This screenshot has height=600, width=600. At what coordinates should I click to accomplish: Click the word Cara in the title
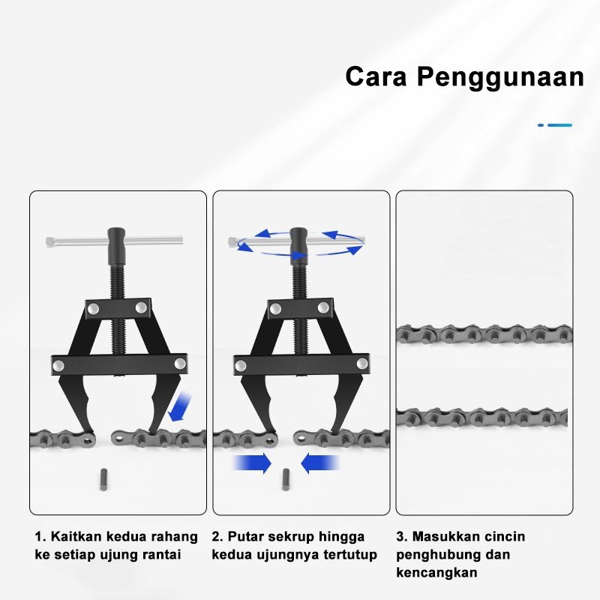pyautogui.click(x=377, y=76)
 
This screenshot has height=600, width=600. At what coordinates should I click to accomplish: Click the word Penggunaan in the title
pyautogui.click(x=500, y=78)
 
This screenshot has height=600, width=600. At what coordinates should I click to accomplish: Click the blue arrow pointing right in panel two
pyautogui.click(x=252, y=463)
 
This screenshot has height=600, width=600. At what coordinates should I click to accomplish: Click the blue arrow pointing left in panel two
pyautogui.click(x=321, y=463)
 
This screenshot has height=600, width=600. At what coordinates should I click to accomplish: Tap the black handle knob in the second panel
pyautogui.click(x=298, y=241)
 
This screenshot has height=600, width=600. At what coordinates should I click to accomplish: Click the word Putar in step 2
pyautogui.click(x=246, y=537)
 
